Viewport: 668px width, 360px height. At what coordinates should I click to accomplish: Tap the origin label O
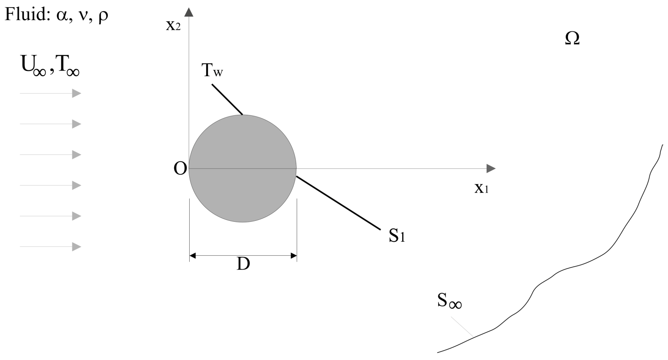pyautogui.click(x=180, y=169)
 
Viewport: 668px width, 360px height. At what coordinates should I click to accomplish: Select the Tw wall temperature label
pyautogui.click(x=212, y=70)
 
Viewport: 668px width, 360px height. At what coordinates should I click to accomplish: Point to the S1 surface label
pyautogui.click(x=397, y=236)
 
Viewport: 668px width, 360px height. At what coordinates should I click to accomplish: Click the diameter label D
pyautogui.click(x=243, y=264)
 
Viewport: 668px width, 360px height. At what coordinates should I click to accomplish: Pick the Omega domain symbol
pyautogui.click(x=572, y=38)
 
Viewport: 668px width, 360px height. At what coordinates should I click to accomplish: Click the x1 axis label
pyautogui.click(x=481, y=188)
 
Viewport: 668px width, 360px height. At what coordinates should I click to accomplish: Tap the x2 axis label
pyautogui.click(x=173, y=25)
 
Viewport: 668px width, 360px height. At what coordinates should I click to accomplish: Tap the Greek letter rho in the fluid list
pyautogui.click(x=103, y=17)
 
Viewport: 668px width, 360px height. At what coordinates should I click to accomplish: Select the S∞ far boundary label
pyautogui.click(x=449, y=301)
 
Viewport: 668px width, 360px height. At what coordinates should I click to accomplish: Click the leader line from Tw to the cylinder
pyautogui.click(x=227, y=99)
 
